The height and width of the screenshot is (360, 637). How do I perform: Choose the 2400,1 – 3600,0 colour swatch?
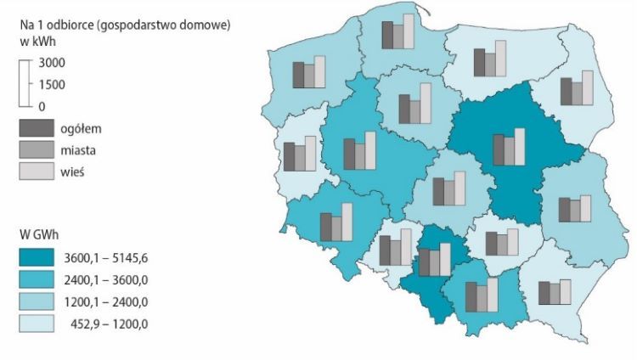[x=38, y=280]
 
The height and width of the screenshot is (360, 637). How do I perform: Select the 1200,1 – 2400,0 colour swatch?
[x=38, y=301]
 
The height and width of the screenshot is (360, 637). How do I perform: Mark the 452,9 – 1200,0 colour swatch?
[x=38, y=323]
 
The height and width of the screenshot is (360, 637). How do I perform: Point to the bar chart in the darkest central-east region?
[x=509, y=147]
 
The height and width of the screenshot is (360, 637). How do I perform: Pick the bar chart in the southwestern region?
[x=335, y=223]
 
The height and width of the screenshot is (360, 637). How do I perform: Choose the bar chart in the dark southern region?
[x=433, y=259]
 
